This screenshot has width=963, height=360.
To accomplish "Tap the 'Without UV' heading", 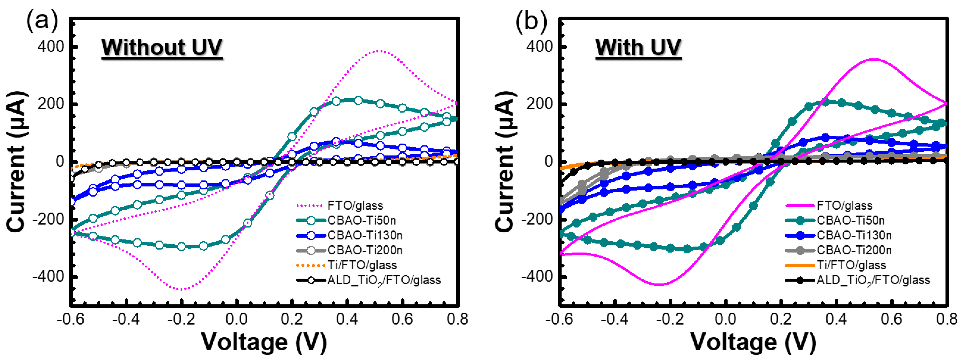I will coord(162,47).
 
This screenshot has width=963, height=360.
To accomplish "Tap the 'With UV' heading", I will coord(638,47).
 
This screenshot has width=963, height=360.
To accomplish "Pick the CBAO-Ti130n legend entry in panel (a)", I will coord(365,235).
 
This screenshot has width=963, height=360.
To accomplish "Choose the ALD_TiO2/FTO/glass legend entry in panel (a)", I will coord(384,280).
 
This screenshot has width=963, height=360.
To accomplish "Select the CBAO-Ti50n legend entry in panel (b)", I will coord(851,220).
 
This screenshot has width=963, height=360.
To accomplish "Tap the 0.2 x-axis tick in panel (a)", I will coord(292,319).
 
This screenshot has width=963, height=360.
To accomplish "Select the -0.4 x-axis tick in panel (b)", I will coord(615,319).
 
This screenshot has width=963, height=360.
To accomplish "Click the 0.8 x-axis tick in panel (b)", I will coord(947,319).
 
